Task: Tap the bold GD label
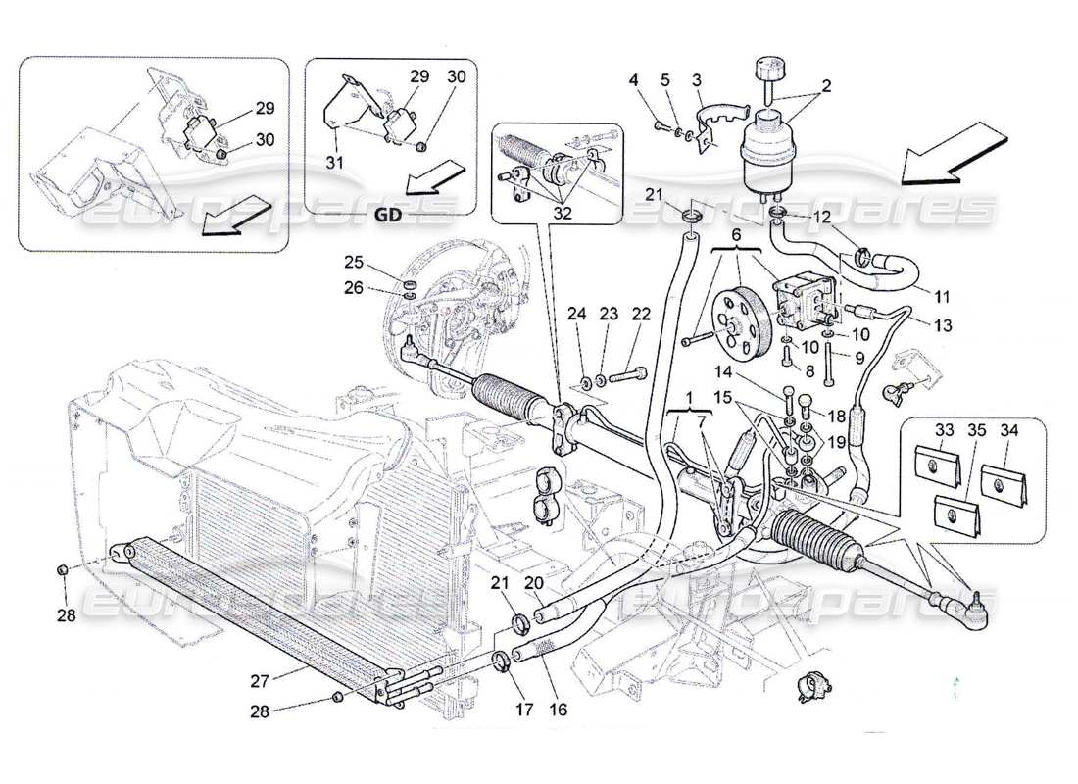(388, 215)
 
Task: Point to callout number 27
(259, 681)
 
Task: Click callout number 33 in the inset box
(944, 430)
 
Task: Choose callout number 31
(335, 163)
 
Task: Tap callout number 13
(943, 324)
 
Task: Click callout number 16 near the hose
(559, 708)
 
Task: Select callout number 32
(562, 213)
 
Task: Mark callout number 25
(354, 262)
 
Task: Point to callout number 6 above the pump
(736, 234)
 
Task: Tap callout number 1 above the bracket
(689, 398)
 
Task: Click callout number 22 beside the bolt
(640, 314)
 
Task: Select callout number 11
(942, 296)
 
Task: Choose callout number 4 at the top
(633, 80)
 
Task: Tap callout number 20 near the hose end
(533, 583)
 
